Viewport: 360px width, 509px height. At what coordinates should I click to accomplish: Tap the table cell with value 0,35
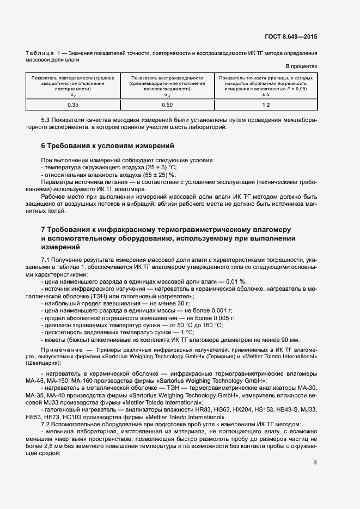pos(73,105)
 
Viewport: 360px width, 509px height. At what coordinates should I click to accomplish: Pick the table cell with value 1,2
pos(266,105)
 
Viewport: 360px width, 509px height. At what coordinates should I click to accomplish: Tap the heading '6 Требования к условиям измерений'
pos(107,146)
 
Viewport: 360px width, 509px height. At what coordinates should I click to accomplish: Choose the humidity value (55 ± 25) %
pos(157,175)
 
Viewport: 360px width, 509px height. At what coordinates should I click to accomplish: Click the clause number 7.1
pos(46,261)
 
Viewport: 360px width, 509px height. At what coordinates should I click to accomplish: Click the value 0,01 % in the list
pos(235,281)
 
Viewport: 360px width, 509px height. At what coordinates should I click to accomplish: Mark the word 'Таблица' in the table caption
pos(39,53)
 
